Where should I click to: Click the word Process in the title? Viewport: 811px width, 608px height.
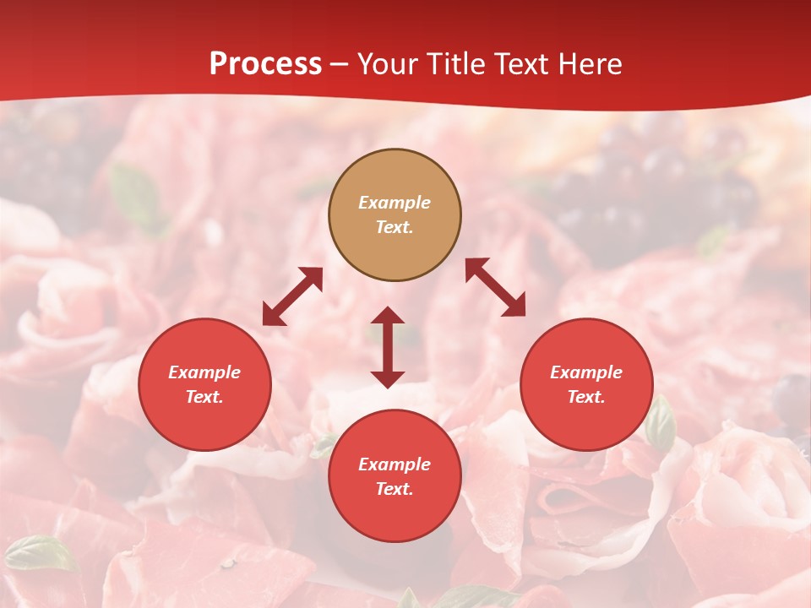pos(265,64)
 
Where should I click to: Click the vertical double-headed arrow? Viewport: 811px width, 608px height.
pos(388,347)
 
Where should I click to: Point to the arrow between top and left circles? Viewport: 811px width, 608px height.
pos(292,296)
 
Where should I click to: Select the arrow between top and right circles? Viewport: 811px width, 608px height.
pos(496,287)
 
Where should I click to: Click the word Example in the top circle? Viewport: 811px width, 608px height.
pos(395,203)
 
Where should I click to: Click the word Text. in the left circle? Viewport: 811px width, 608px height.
pos(204,397)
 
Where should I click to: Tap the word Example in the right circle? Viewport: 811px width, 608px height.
pos(586,372)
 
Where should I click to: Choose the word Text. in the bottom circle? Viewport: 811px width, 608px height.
pos(395,489)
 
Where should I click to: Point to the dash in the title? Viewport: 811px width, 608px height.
pos(340,65)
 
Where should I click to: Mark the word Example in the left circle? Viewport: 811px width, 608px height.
pos(204,372)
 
